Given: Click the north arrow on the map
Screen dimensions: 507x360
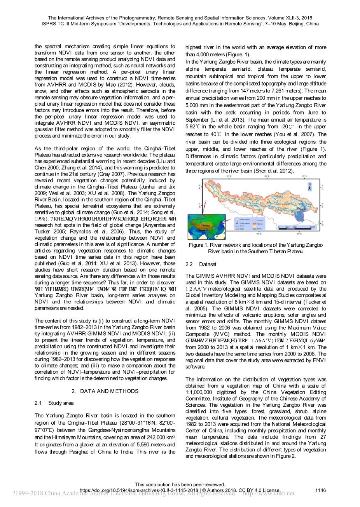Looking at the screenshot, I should [x=310, y=187].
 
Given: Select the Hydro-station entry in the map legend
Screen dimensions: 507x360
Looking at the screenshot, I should [x=245, y=223].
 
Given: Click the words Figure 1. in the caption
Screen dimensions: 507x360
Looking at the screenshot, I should [x=196, y=245].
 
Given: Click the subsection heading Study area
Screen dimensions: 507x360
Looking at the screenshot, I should [x=61, y=403].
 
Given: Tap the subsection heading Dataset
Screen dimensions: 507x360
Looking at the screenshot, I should [x=207, y=265].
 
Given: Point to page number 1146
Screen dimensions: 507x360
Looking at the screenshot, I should [x=321, y=490].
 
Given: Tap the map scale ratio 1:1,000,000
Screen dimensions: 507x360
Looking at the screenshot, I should [x=199, y=393].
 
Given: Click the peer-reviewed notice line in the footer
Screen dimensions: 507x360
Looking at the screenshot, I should [x=180, y=484].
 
